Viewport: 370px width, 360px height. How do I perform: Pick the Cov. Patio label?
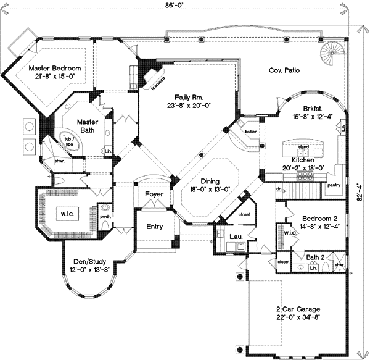click(284, 71)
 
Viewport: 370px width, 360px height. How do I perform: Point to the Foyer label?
click(154, 195)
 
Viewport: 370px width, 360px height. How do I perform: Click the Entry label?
click(154, 227)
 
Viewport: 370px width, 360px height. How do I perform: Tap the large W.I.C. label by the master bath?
click(66, 214)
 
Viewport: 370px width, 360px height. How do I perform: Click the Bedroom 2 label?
click(319, 219)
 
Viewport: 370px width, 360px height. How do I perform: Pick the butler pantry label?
click(250, 132)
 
